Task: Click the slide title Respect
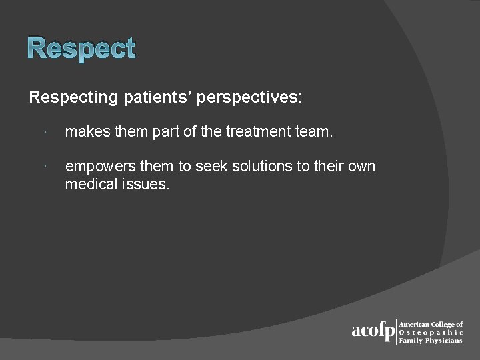(x=82, y=49)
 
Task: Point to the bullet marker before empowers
(x=42, y=167)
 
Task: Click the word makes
(x=87, y=133)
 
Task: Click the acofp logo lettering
(x=373, y=331)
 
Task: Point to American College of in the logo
(x=431, y=323)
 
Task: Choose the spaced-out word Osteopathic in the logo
(x=431, y=332)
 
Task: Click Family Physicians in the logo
(x=430, y=341)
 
